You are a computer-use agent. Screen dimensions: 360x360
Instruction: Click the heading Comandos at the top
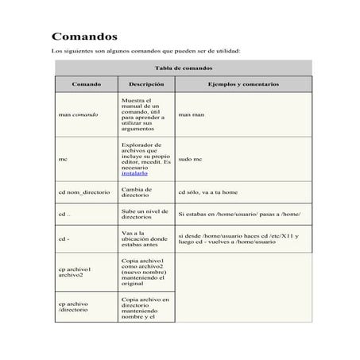point(85,37)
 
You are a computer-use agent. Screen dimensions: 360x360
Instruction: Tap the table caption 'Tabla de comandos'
point(183,69)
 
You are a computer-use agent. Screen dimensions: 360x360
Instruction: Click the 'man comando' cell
point(79,114)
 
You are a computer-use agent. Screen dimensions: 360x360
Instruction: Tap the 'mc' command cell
point(63,159)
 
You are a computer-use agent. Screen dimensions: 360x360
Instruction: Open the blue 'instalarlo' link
point(134,172)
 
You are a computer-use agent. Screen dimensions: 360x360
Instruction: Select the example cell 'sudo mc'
point(192,159)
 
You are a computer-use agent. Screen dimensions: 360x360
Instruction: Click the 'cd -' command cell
point(64,238)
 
